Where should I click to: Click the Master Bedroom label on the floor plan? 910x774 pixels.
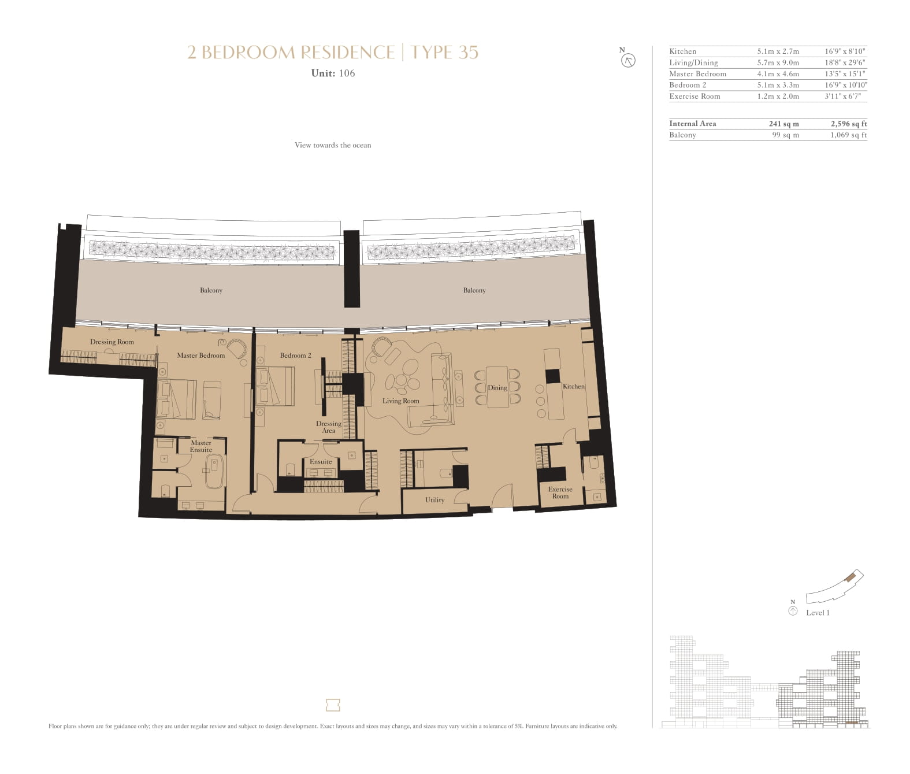coord(200,355)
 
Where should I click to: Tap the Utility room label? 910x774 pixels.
coord(434,500)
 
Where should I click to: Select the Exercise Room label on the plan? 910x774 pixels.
coord(560,492)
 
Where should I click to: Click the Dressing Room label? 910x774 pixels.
coord(112,342)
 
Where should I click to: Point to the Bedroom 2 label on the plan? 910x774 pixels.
coord(295,355)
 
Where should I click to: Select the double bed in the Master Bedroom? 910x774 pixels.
coord(176,399)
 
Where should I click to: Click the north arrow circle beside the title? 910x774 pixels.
coord(628,61)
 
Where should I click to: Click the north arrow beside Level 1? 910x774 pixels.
coord(793,612)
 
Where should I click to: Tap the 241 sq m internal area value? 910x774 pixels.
coord(783,124)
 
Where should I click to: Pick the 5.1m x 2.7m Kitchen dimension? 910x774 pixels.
coord(778,51)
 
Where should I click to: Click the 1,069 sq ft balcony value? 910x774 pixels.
coord(848,135)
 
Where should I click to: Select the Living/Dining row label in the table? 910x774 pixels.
coord(693,62)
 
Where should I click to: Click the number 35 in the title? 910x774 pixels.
coord(468,53)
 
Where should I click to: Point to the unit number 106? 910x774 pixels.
coord(347,73)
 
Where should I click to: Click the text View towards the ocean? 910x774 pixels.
coord(333,145)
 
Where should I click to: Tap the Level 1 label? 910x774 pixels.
coord(818,613)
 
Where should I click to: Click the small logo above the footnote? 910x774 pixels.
coord(333,705)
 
